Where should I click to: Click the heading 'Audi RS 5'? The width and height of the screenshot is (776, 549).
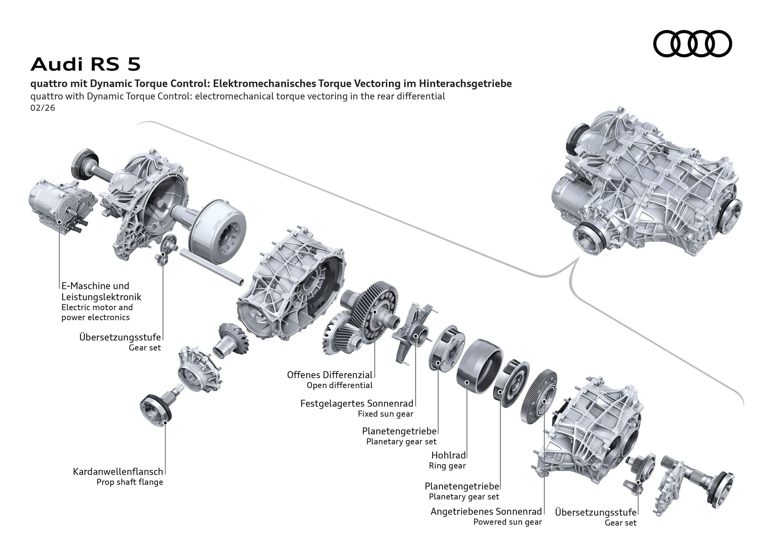(85, 64)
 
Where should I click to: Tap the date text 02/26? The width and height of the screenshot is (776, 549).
(43, 108)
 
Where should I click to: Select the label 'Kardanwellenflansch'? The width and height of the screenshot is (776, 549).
(118, 472)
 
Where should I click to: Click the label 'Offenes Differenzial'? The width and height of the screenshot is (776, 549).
(330, 375)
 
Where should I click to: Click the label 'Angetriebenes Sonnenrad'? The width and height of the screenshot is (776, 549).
(486, 512)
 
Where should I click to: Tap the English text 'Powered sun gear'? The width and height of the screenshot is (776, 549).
(507, 522)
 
